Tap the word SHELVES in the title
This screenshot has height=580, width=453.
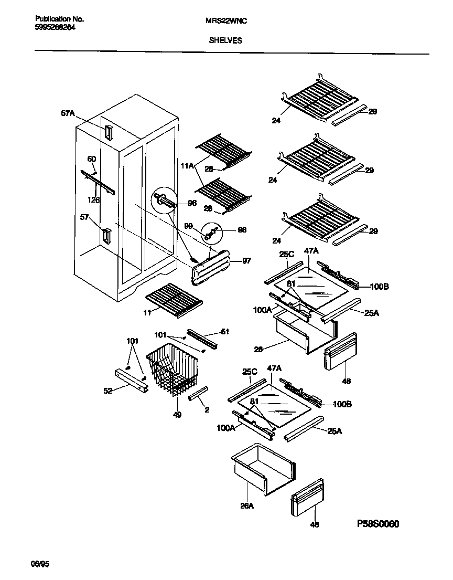pos(226,40)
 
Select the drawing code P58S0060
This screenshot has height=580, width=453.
pos(381,524)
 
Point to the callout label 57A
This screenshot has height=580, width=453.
pos(68,112)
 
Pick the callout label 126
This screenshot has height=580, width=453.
pos(95,200)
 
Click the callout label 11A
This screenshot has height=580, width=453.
pos(187,165)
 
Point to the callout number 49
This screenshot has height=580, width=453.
pos(178,415)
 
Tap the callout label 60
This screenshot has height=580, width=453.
pos(91,159)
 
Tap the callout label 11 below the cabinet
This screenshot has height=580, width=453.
pos(148,312)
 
